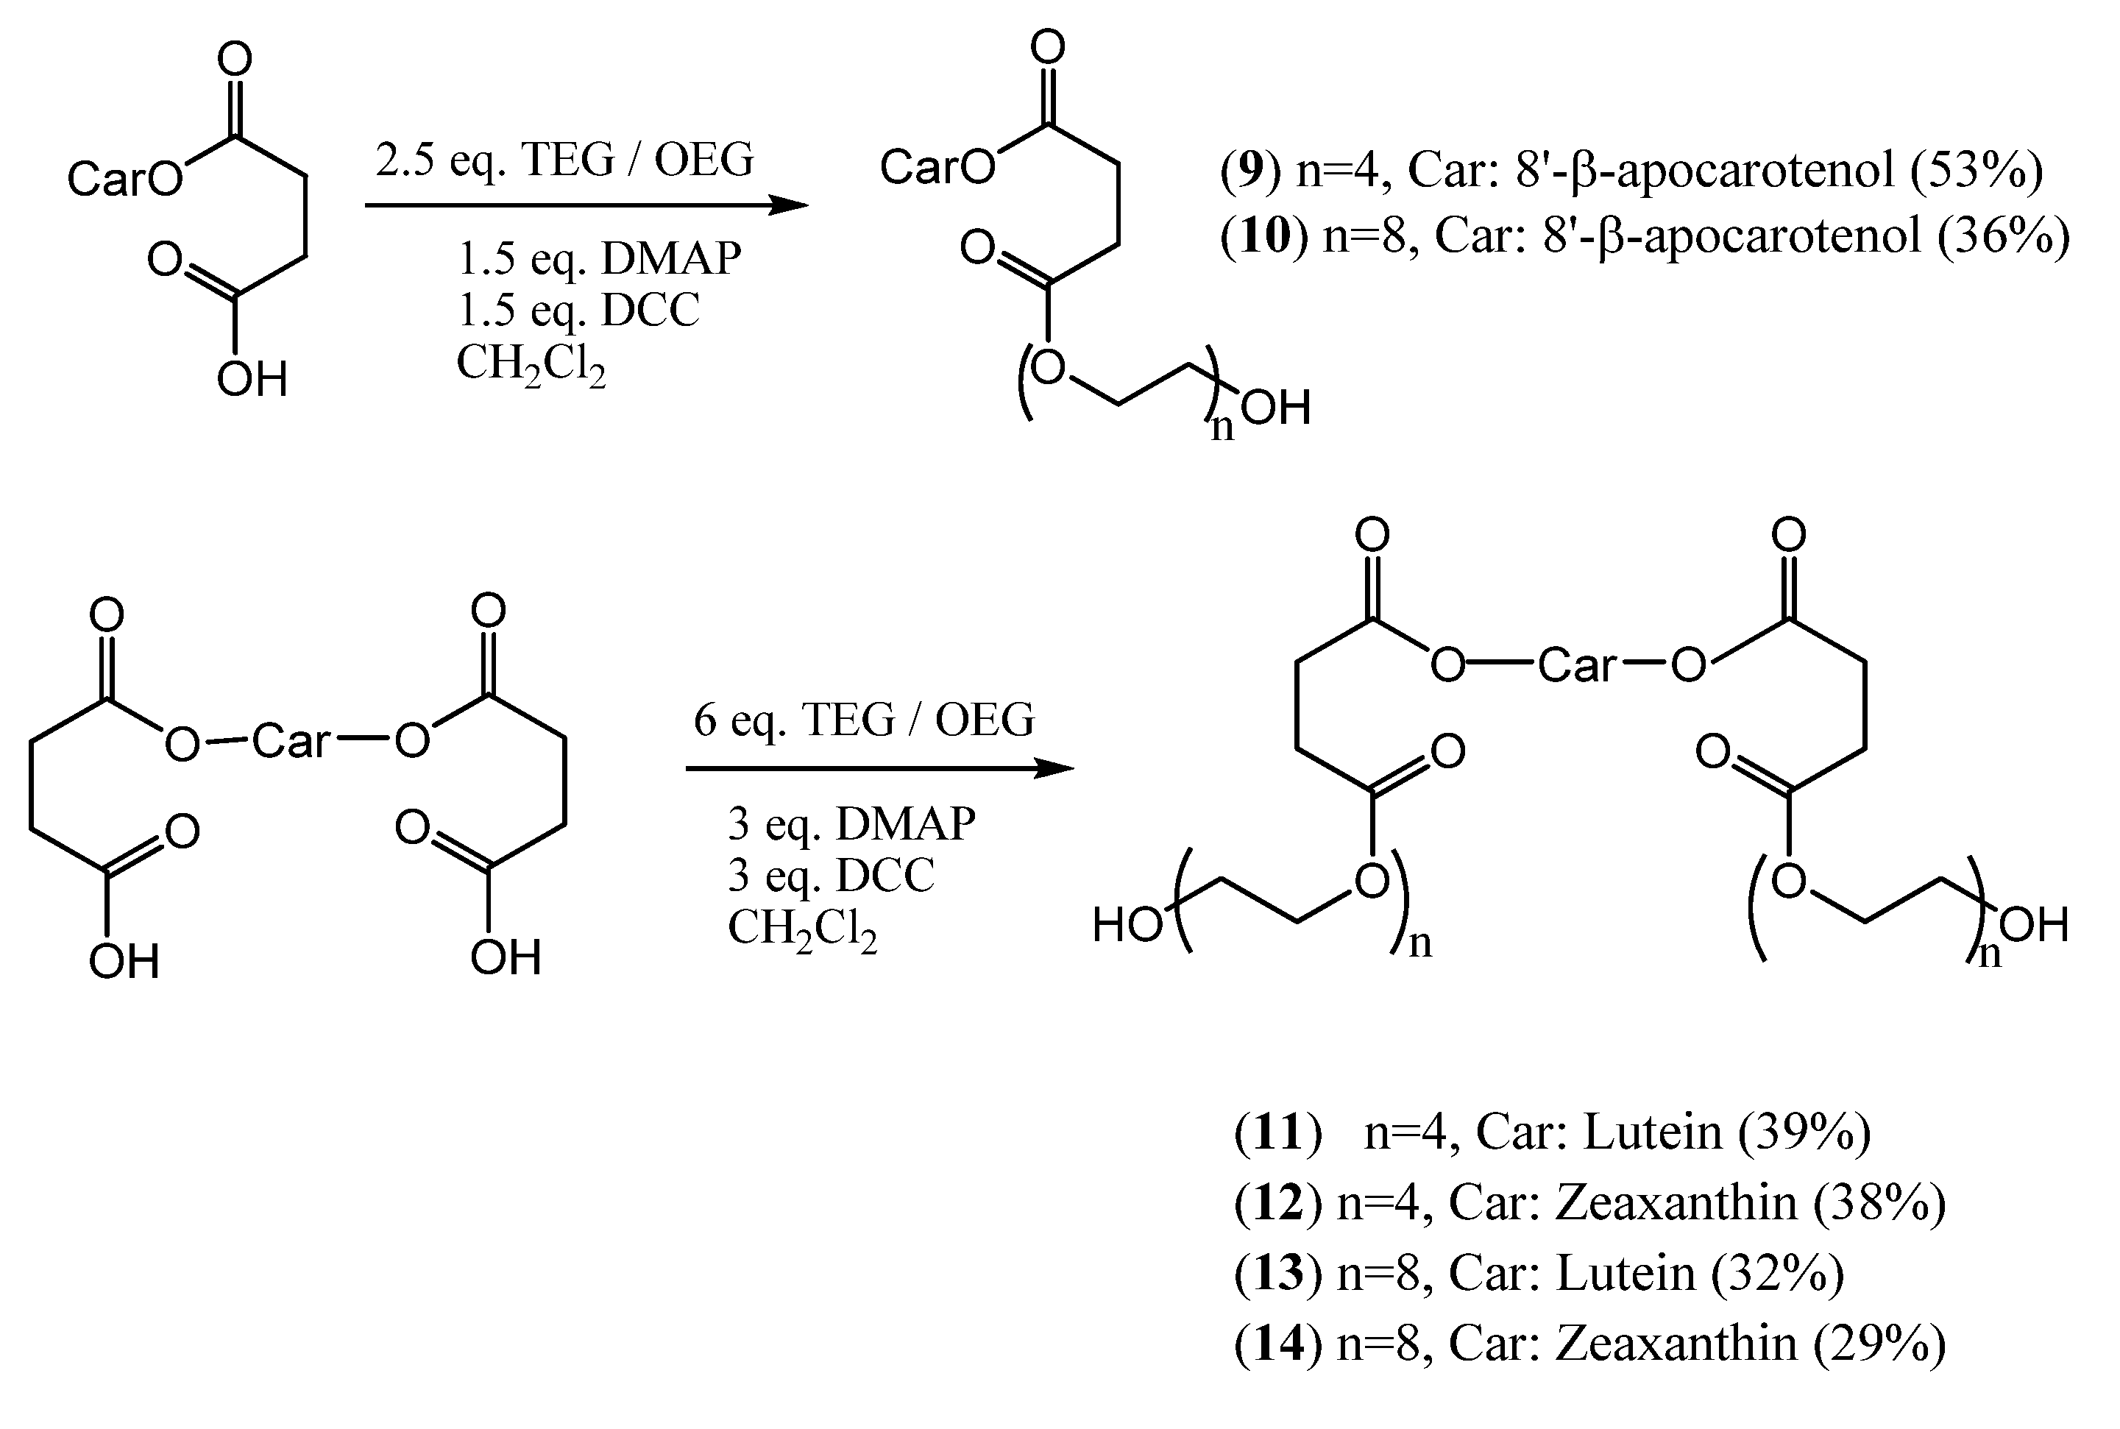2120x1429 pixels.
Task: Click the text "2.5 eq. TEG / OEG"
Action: [564, 160]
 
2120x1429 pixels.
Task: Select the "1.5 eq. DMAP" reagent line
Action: [599, 259]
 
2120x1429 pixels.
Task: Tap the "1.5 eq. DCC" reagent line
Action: [578, 310]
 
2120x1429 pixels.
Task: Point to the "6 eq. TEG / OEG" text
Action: [864, 720]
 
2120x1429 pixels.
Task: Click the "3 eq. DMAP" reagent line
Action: [851, 824]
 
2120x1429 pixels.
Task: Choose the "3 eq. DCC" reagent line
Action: [830, 875]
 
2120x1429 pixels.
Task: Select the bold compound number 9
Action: [1252, 171]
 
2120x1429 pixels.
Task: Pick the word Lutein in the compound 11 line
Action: [1653, 1132]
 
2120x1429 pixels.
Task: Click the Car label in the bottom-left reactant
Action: [290, 741]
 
